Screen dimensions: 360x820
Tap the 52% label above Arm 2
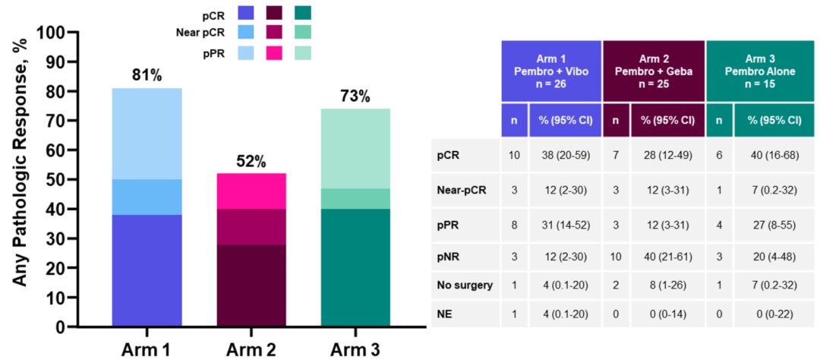click(251, 161)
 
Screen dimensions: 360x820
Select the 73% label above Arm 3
click(355, 96)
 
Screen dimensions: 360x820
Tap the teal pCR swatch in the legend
click(302, 12)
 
